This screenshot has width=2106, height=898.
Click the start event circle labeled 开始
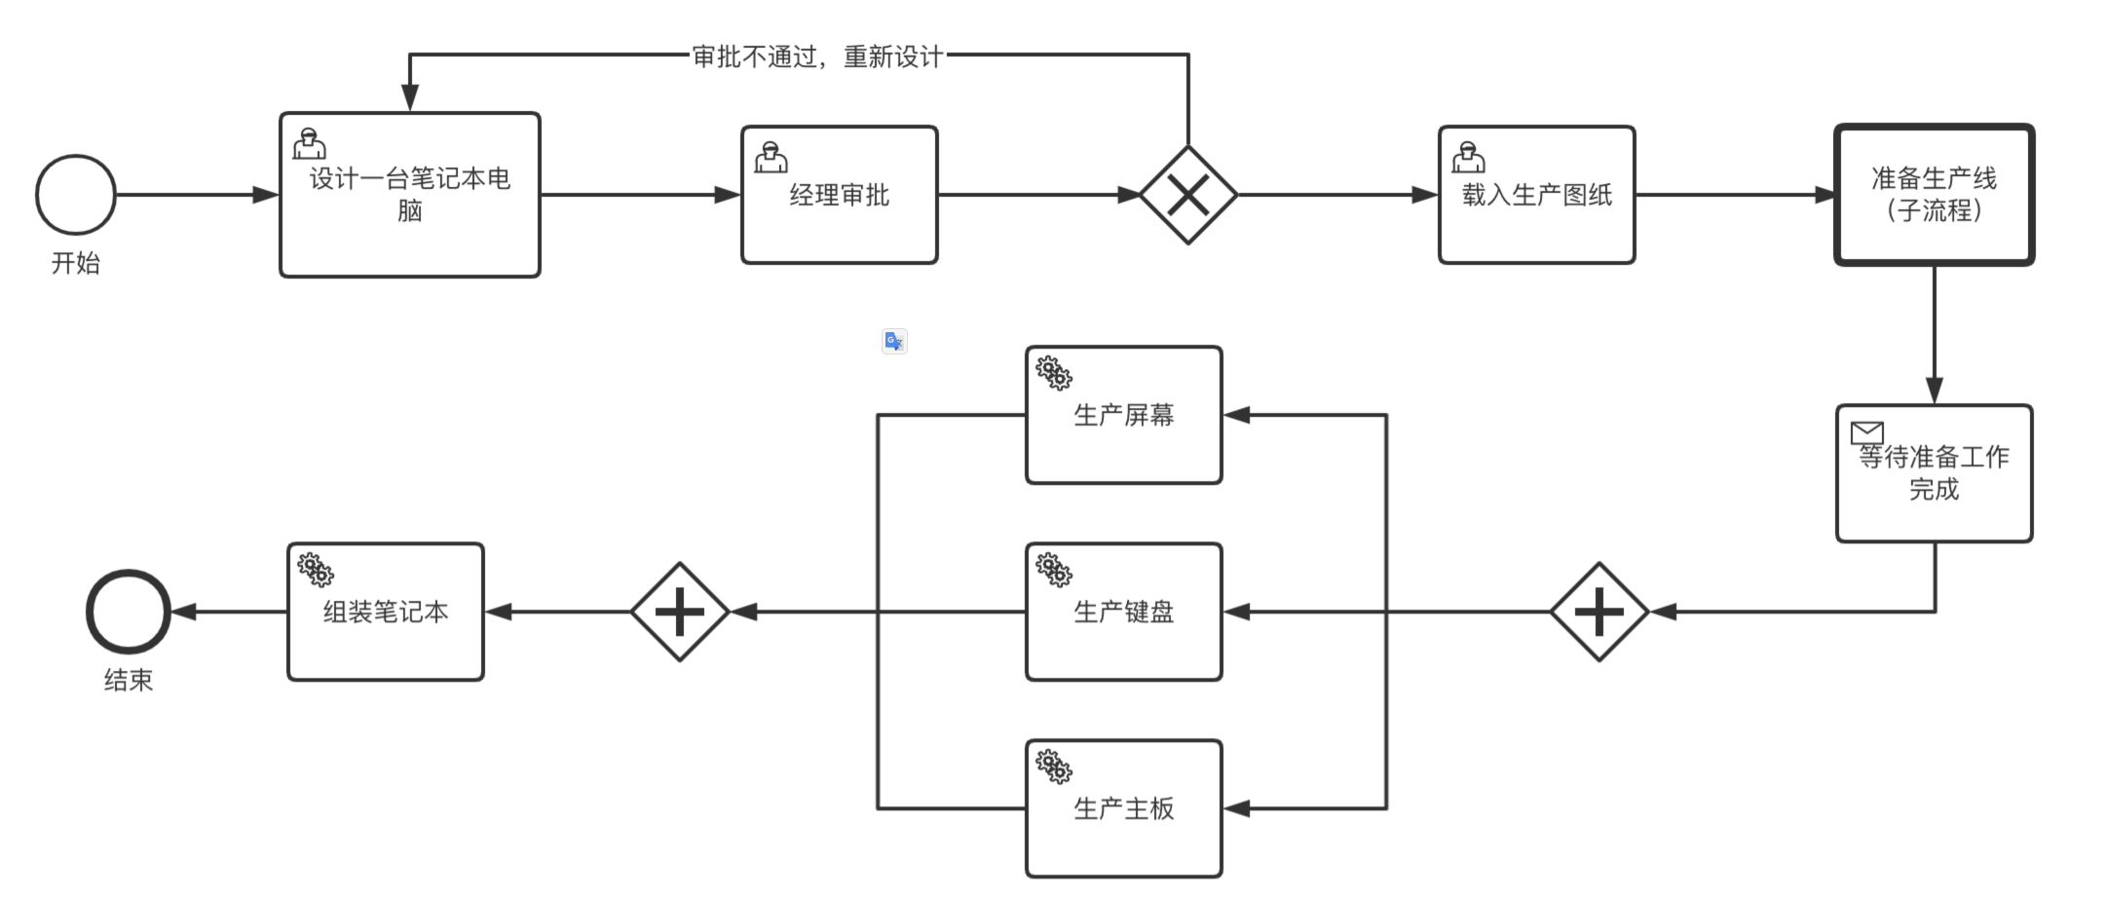[76, 195]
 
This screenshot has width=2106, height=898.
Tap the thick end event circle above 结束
[129, 612]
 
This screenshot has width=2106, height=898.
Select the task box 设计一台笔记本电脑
[410, 195]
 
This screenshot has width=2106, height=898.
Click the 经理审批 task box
[839, 195]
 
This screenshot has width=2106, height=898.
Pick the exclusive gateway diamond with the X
[1188, 195]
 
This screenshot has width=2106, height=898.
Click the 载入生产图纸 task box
[1536, 195]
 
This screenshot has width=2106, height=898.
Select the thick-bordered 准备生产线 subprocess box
[1934, 195]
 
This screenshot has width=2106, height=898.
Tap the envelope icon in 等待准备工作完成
[1866, 431]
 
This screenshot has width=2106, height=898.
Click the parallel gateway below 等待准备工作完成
[1598, 612]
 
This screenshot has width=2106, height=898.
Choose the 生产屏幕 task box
[1123, 415]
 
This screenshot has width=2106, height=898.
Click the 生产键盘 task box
[1123, 612]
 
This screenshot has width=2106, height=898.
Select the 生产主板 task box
[1123, 808]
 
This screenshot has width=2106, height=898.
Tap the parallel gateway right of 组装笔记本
[680, 612]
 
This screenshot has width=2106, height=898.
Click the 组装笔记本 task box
[386, 612]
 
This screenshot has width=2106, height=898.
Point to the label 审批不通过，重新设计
[817, 56]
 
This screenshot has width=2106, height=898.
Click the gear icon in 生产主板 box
[1053, 767]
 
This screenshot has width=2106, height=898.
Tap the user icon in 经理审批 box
[771, 157]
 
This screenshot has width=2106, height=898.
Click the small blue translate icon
[894, 341]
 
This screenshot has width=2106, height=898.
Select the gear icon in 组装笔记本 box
[315, 570]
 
